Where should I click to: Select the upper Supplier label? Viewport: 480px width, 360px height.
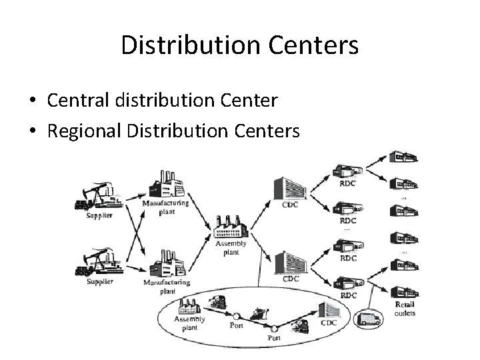coord(99,215)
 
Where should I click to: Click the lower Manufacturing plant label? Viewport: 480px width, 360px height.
coord(166,287)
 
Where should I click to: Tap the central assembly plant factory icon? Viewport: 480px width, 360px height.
coord(231,227)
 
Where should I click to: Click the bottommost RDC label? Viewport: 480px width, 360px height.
coord(348,295)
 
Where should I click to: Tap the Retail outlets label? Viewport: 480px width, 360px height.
coord(404,309)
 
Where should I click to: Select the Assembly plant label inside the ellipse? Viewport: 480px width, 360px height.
coord(189,323)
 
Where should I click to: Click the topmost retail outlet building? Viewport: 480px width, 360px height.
coord(404,155)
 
